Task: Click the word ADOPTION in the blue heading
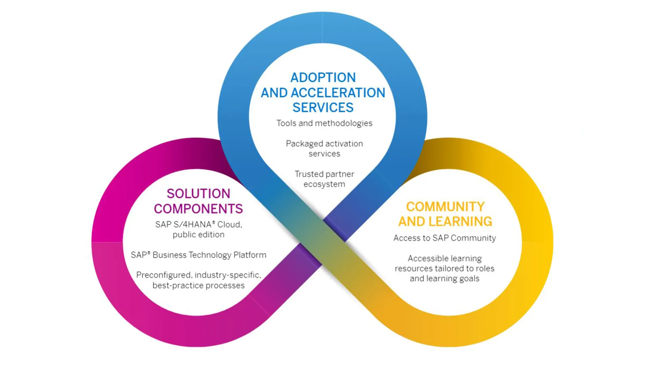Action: [x=323, y=78]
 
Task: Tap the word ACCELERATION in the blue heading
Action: [x=338, y=93]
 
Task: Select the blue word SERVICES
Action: [x=323, y=108]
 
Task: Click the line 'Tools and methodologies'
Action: [x=324, y=123]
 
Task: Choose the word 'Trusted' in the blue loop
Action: [x=307, y=174]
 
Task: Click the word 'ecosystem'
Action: [x=324, y=184]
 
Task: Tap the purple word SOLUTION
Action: [x=198, y=194]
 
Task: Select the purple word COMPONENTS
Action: [x=198, y=209]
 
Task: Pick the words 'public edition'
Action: [x=198, y=235]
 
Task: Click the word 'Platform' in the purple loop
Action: [x=250, y=255]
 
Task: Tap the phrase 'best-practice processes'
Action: [x=198, y=286]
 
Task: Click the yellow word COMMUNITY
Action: [x=445, y=207]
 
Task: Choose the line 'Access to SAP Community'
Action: [x=444, y=238]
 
